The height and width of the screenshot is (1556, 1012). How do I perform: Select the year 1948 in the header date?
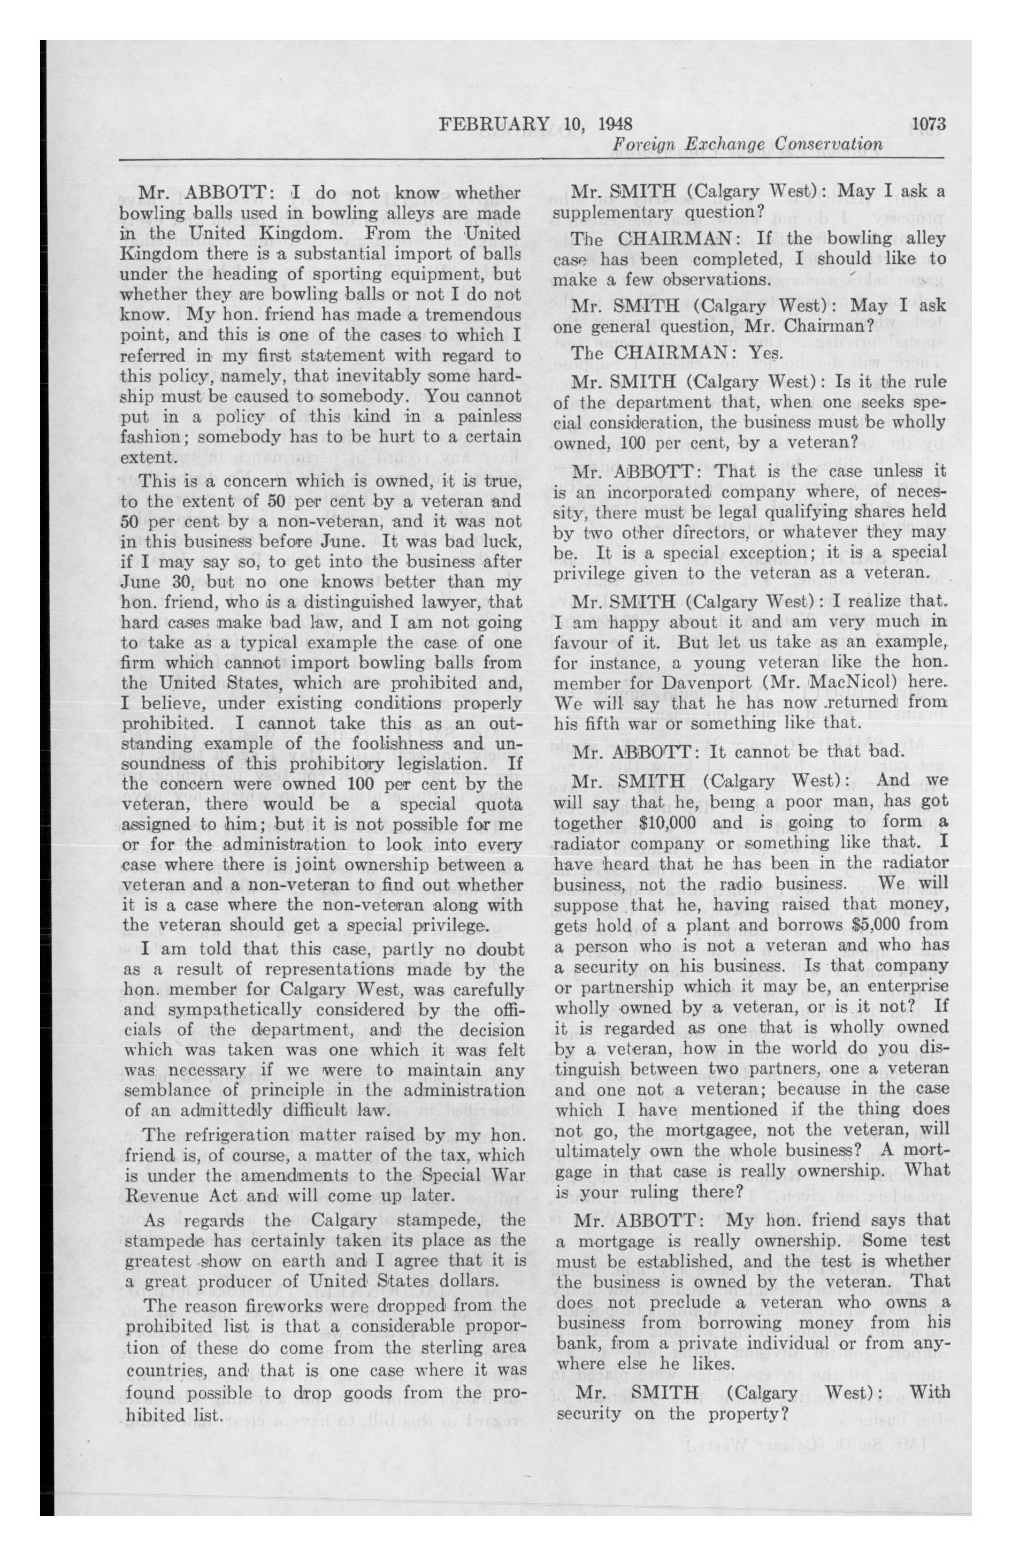tap(615, 124)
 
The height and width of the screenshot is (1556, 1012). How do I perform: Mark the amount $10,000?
tap(676, 822)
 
